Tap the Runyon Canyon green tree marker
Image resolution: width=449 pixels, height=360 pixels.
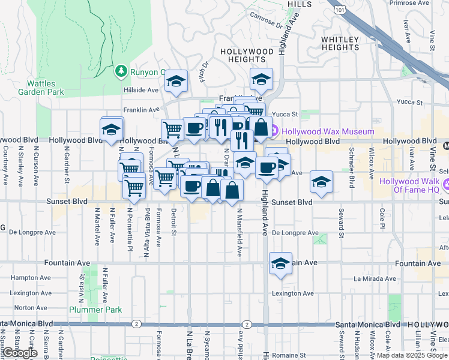click(121, 72)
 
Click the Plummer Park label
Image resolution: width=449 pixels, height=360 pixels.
click(95, 310)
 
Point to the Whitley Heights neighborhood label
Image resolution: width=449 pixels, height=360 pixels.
click(340, 43)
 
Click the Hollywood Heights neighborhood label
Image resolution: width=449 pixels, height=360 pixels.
click(247, 56)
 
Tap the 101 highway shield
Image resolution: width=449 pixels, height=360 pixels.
click(341, 10)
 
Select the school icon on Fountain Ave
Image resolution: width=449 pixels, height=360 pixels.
click(280, 263)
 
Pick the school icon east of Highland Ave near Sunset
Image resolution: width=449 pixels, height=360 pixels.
click(321, 182)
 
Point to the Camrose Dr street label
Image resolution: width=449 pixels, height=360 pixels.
click(266, 22)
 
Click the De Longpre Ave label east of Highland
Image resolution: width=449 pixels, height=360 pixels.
click(295, 233)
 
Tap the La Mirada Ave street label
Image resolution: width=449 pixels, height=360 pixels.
click(373, 278)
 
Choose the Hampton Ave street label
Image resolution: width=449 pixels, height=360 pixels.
click(25, 278)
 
